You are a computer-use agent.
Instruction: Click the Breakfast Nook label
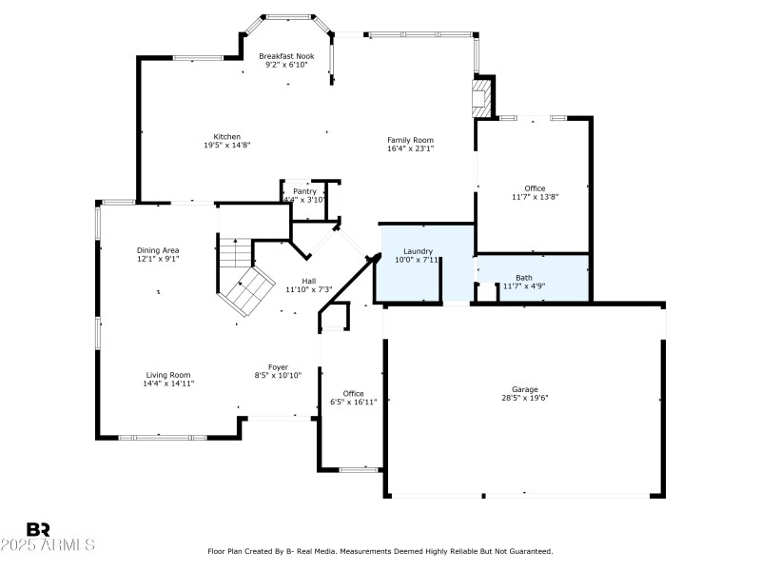286,56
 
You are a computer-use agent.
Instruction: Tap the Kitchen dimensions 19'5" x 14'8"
226,146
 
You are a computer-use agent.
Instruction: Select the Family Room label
410,140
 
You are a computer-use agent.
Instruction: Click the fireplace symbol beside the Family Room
483,97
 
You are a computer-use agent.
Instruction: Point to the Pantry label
304,191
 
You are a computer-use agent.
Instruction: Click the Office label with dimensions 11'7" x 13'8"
535,188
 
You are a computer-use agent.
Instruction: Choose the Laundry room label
418,251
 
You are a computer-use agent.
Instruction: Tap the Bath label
524,278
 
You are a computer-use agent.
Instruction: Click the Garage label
525,390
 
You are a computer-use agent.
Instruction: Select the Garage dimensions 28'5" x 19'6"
525,399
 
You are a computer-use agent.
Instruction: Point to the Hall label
309,281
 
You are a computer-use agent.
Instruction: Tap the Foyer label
278,367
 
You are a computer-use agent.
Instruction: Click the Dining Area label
158,250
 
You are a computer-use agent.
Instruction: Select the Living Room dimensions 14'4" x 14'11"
168,384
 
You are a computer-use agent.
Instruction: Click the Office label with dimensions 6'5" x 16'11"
353,394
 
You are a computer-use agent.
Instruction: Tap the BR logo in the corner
38,530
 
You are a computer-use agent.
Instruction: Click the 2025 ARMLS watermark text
48,545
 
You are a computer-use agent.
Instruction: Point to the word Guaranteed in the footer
531,551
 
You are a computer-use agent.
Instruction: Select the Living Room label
168,375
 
